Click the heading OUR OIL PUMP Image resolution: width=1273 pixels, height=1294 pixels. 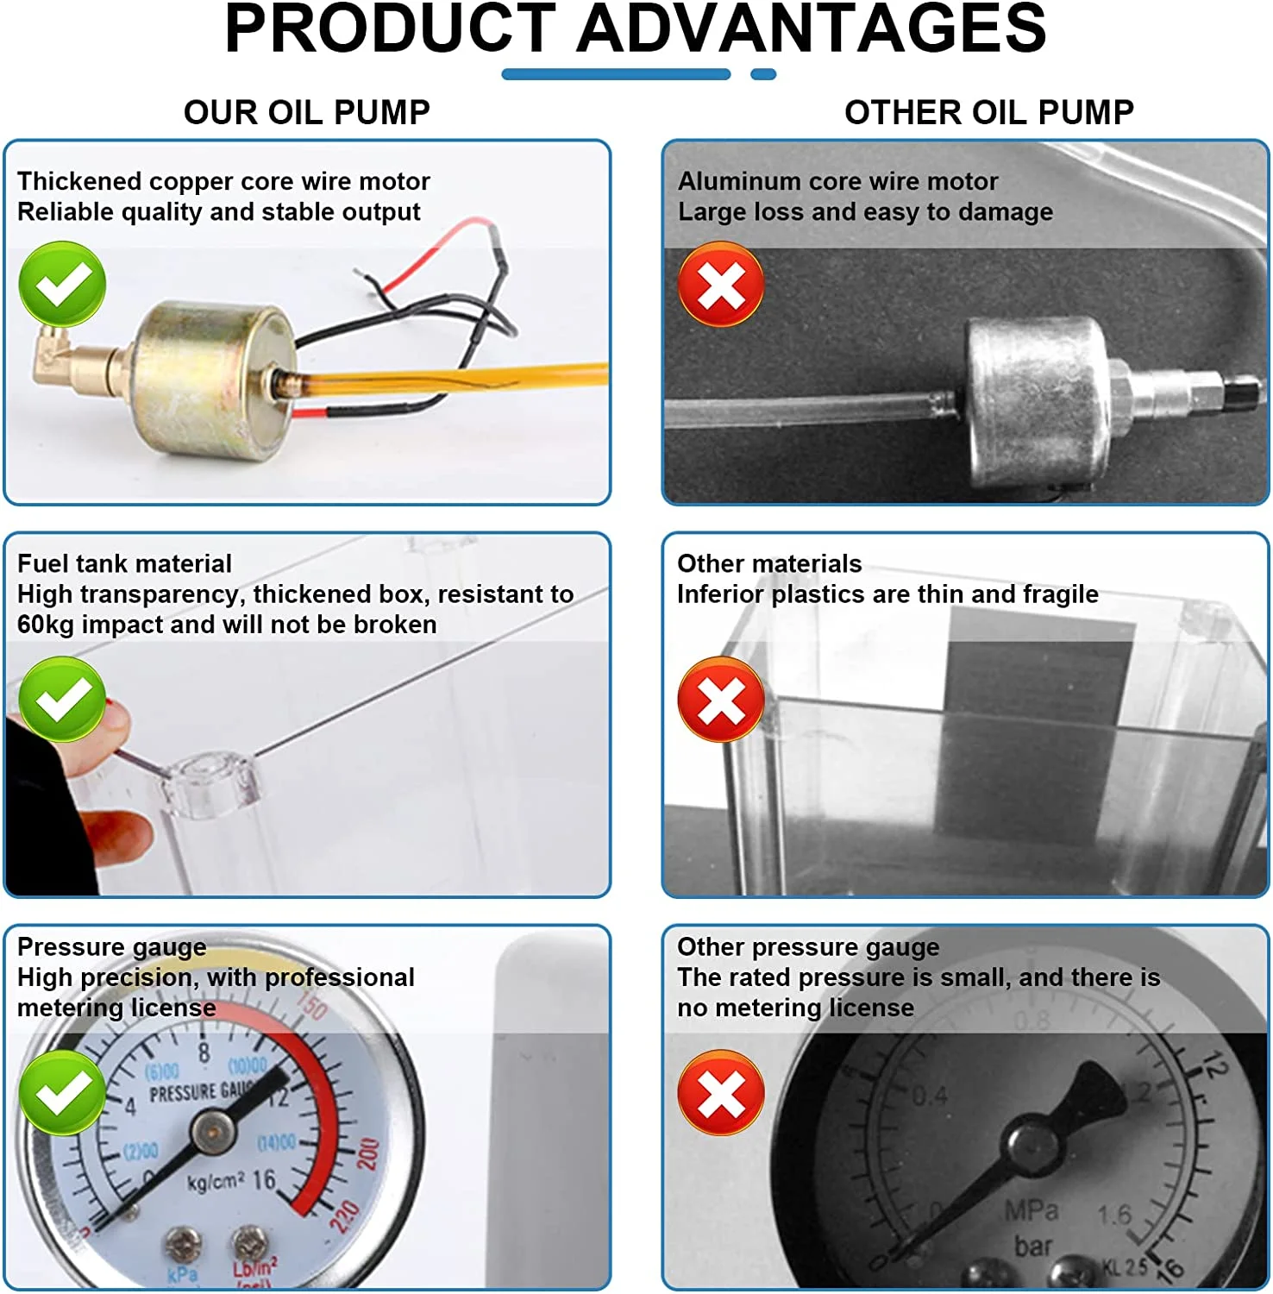(x=306, y=112)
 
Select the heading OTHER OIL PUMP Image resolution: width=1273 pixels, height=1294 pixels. (x=988, y=112)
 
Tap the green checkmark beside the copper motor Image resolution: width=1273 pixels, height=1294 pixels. (x=62, y=284)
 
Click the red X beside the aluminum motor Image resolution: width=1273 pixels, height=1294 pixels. (x=721, y=285)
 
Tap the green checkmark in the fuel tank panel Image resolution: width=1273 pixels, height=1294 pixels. (x=62, y=699)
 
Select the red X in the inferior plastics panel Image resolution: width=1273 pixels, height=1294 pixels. (x=721, y=700)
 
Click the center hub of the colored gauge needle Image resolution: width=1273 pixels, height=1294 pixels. (x=212, y=1131)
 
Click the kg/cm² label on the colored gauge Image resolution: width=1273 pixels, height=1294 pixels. (x=216, y=1181)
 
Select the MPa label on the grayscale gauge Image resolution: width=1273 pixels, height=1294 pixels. (x=1032, y=1211)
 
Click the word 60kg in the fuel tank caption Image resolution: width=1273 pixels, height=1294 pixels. (x=45, y=625)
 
